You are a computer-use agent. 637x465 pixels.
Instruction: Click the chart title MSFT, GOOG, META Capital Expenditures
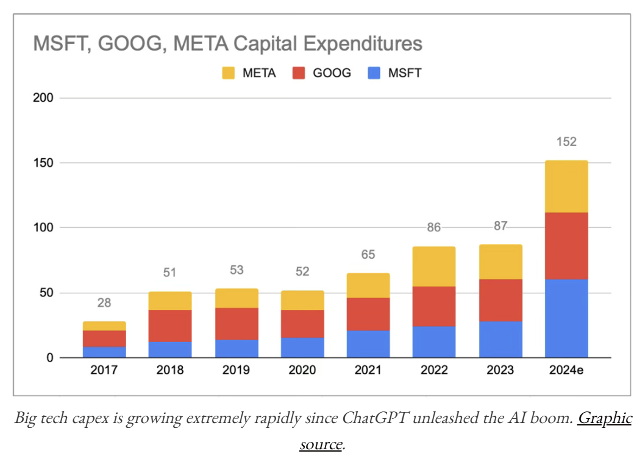pos(227,44)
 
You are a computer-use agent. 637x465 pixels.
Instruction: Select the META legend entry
pos(249,74)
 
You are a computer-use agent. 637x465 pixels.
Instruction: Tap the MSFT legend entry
pos(396,74)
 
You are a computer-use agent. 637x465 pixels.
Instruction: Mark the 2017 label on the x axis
pos(104,371)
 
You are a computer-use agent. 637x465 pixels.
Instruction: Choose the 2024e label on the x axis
pos(566,371)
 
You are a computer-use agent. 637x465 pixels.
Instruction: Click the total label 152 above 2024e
pos(566,142)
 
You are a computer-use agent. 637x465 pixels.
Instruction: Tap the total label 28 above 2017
pos(104,303)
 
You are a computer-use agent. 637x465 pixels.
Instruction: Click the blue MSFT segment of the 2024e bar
pos(566,318)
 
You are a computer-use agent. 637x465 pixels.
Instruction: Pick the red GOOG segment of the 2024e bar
pos(566,245)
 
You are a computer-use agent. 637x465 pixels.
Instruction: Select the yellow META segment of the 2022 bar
pos(434,267)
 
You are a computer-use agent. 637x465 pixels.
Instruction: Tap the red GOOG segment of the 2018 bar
pos(170,326)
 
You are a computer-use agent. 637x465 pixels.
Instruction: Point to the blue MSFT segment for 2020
pos(302,347)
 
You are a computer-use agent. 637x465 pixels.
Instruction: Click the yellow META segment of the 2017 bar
pos(104,326)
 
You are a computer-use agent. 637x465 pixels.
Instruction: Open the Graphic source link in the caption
pos(603,419)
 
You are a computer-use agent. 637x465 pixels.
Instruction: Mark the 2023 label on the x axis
pos(500,371)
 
